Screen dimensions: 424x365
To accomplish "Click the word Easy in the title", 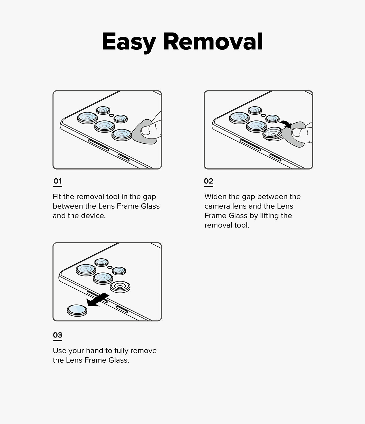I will (129, 42).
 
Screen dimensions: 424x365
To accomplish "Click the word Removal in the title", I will (213, 42).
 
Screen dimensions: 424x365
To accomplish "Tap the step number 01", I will (57, 181).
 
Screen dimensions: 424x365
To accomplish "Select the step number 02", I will (209, 181).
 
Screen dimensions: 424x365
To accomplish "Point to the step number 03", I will (57, 335).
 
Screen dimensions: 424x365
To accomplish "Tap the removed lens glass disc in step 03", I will (77, 310).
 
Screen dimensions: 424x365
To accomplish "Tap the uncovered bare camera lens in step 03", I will (120, 287).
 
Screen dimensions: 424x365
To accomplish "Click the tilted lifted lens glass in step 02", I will (273, 134).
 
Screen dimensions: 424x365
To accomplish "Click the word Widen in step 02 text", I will (215, 197).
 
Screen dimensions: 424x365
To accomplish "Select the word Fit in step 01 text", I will (57, 197).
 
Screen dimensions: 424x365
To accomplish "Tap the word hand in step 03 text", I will (95, 351).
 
